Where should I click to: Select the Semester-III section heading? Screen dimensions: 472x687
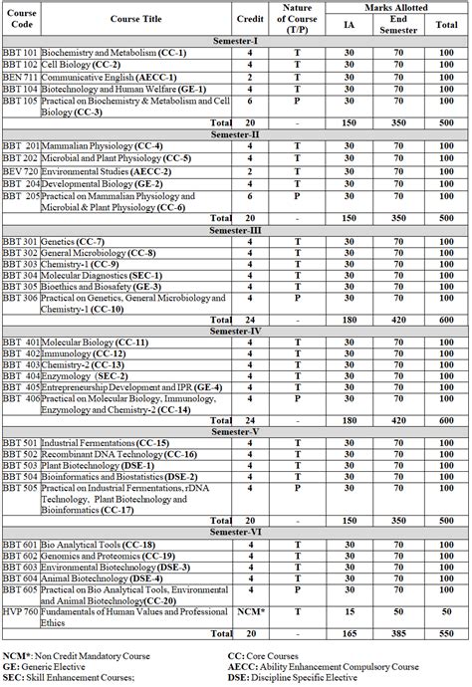pos(236,230)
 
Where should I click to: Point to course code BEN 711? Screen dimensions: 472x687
pos(21,77)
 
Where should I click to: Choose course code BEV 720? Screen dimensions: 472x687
pos(21,170)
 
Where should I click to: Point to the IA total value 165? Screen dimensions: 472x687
pos(349,633)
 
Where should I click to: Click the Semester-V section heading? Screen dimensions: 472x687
pos(236,431)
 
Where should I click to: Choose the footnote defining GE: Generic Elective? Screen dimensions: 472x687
pos(49,666)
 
